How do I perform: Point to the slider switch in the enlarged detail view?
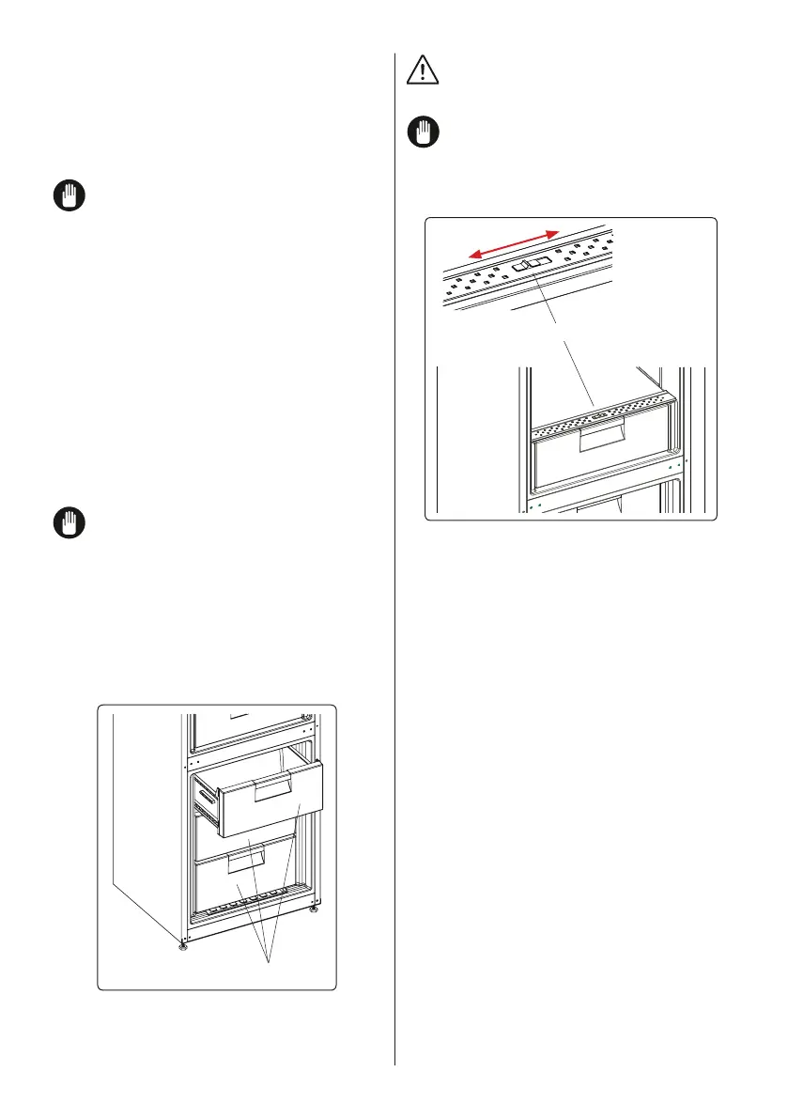(530, 265)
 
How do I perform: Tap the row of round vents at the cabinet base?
(249, 907)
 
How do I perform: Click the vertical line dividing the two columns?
(394, 564)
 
